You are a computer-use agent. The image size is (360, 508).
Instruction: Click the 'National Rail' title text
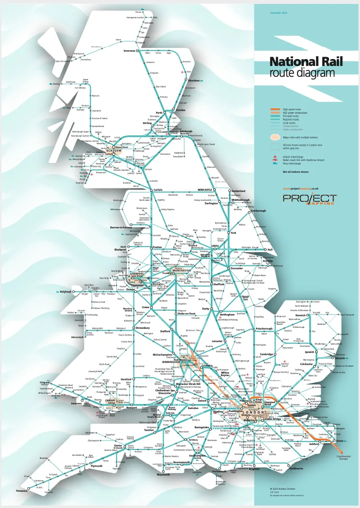click(306, 62)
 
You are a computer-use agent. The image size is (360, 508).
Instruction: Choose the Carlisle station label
click(157, 190)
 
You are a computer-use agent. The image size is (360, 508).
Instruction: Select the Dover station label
click(339, 441)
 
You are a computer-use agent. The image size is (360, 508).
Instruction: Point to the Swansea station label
click(63, 403)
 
